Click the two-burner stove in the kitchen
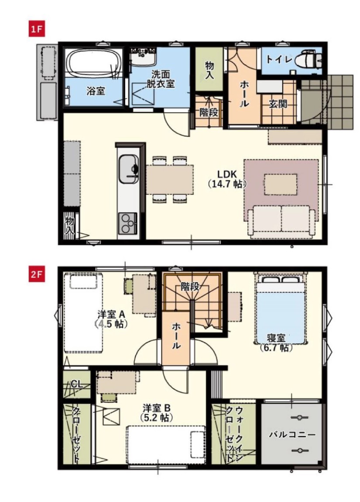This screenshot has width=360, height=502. click(x=127, y=223)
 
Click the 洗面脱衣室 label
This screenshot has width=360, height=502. click(x=160, y=79)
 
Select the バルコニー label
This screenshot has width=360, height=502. click(x=291, y=435)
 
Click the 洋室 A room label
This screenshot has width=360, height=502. click(x=112, y=314)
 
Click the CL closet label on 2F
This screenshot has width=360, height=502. click(x=77, y=384)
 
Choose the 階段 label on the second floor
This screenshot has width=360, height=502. click(x=191, y=287)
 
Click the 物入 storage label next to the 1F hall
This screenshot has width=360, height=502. click(x=209, y=70)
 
